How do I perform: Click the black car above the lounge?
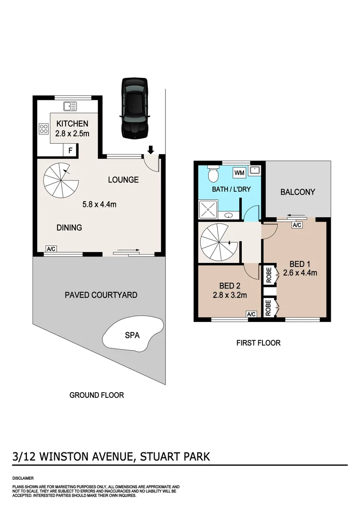click(x=135, y=108)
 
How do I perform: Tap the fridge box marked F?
click(x=70, y=150)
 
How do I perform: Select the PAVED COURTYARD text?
click(x=101, y=295)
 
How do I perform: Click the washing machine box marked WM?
click(x=239, y=173)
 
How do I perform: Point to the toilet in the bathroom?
click(x=213, y=173)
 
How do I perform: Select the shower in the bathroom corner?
click(x=208, y=210)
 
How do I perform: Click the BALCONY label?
click(x=297, y=192)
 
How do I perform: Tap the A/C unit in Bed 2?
click(x=251, y=314)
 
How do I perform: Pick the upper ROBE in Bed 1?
click(x=269, y=274)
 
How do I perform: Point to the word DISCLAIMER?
click(x=23, y=477)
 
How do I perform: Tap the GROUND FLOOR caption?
click(x=97, y=395)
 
